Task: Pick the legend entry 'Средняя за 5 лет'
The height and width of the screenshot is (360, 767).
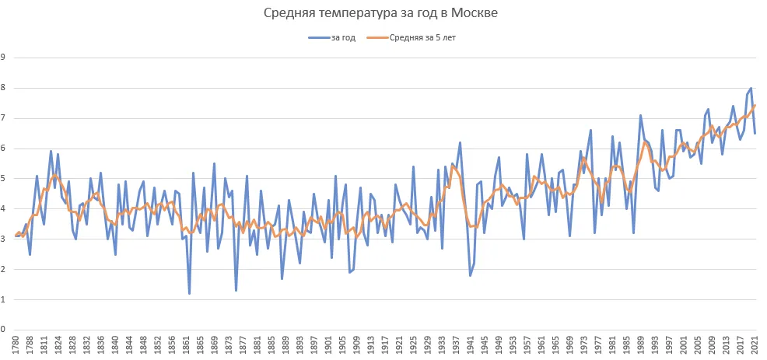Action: click(422, 37)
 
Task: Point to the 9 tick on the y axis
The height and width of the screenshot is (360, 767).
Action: click(3, 58)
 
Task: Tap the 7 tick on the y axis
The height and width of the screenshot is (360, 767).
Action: click(3, 118)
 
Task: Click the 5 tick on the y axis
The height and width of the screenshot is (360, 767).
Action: click(3, 179)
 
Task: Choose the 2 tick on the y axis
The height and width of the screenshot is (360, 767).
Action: click(3, 269)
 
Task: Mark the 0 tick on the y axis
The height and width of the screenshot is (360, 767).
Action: click(3, 330)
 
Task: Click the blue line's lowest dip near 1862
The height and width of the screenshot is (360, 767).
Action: click(189, 293)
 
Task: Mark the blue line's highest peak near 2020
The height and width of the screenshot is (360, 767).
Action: click(751, 88)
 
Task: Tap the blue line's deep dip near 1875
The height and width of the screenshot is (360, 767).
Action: click(236, 290)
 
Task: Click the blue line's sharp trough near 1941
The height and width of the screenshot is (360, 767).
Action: click(471, 275)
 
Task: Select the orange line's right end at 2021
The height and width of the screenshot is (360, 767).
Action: click(755, 105)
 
